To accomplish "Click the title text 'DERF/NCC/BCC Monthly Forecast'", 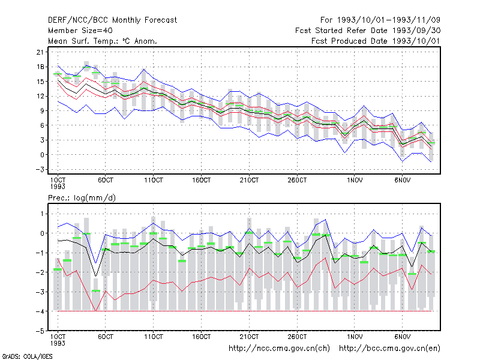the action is tap(112, 20).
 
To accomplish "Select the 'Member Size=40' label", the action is tap(80, 31).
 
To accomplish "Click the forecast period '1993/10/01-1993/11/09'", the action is tap(389, 20).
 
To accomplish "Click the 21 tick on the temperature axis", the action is tap(40, 52).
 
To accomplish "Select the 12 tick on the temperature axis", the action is tap(40, 96).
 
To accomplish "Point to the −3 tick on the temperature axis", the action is tap(40, 169).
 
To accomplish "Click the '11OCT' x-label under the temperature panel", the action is tap(154, 180).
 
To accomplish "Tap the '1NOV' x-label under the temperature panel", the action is tap(355, 180).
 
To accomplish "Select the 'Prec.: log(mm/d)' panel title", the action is tap(82, 198).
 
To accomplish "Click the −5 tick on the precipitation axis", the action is tap(40, 331).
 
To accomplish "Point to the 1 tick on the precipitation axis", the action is tap(42, 214).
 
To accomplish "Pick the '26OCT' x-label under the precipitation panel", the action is tap(297, 337).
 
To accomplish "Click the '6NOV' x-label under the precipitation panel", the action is tap(402, 337).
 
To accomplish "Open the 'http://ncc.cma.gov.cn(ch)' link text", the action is tap(279, 349).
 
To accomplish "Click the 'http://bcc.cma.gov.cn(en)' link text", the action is tap(389, 349).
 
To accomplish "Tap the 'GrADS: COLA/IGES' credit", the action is tap(27, 356).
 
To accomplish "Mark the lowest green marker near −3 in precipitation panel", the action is tap(96, 290).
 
